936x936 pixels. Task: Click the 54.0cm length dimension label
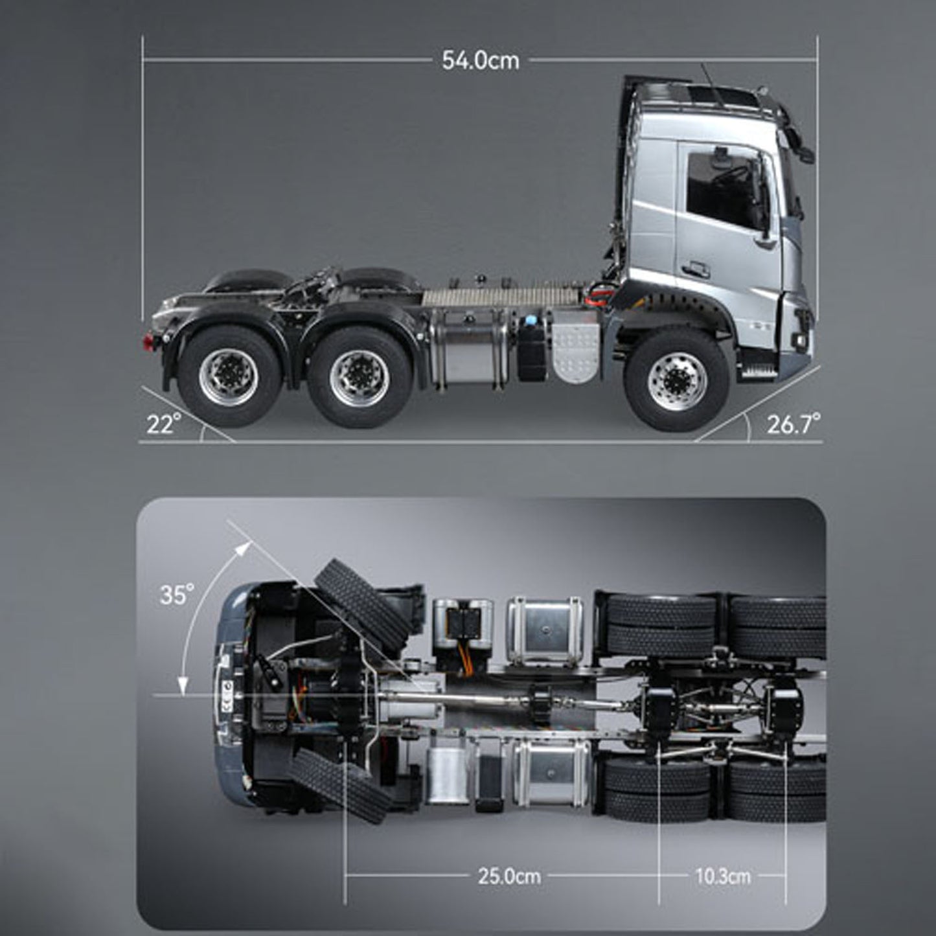[480, 60]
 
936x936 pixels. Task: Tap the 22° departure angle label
[163, 425]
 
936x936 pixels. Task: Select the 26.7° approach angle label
[793, 424]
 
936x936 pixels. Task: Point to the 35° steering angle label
[177, 594]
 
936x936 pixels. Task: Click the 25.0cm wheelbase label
[509, 876]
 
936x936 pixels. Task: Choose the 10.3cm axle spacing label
[723, 876]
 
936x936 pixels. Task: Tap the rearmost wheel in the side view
[229, 375]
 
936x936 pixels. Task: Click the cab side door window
[722, 188]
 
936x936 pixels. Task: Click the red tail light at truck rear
[148, 342]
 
